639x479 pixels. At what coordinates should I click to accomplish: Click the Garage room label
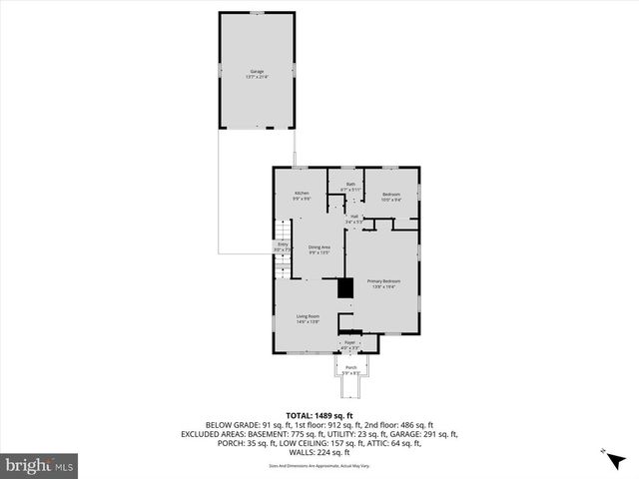[x=257, y=73]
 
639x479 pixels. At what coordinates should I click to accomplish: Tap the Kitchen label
[x=301, y=195]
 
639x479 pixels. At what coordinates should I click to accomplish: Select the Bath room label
[x=350, y=186]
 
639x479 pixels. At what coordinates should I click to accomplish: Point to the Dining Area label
[x=319, y=249]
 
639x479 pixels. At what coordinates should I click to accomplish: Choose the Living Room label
[x=307, y=318]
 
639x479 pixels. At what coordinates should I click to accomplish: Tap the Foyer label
[x=349, y=344]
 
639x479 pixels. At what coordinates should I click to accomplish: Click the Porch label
[x=350, y=370]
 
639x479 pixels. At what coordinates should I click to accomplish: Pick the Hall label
[x=353, y=219]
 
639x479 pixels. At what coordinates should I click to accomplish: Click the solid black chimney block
[x=345, y=288]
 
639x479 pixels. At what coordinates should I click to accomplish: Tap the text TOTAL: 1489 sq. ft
[x=319, y=415]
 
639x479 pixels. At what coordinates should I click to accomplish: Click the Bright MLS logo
[x=40, y=465]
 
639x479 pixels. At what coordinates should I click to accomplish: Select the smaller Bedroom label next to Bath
[x=391, y=196]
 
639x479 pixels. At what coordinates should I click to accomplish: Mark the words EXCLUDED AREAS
[x=216, y=434]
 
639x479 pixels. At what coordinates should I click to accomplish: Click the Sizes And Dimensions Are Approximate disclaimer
[x=319, y=466]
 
